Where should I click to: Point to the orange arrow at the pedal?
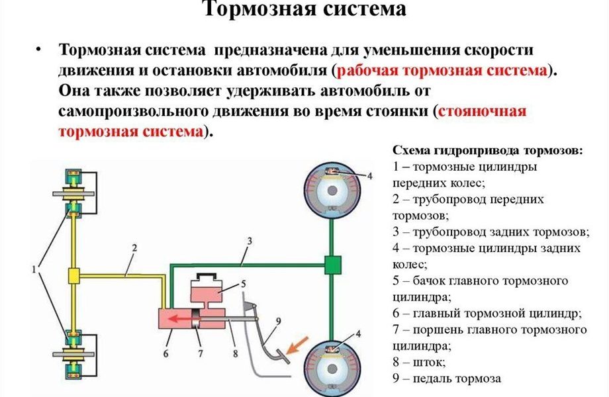296,345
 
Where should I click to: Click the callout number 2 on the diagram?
134,248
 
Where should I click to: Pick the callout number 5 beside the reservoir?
243,284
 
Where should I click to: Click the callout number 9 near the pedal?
277,322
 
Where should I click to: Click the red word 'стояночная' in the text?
482,111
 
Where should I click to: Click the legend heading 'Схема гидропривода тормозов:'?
487,150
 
